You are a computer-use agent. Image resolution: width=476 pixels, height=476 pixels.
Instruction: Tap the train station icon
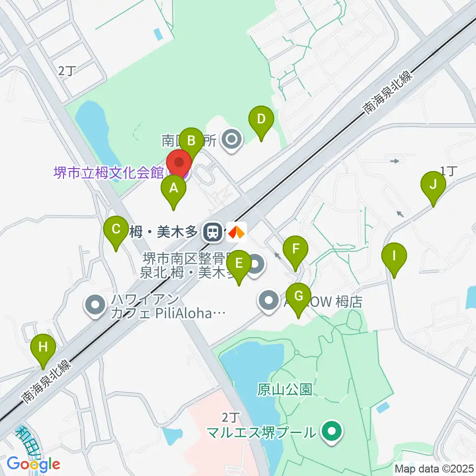click(x=214, y=232)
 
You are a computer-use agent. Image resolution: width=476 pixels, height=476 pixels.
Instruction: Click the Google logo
click(x=33, y=464)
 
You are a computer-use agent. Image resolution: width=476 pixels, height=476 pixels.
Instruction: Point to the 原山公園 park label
click(x=285, y=390)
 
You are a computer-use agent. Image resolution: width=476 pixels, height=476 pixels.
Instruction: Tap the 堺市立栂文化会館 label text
click(x=109, y=173)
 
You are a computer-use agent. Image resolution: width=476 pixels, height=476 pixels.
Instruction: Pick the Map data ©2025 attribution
click(x=434, y=468)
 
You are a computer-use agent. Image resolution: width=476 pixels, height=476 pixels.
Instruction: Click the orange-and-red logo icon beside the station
click(x=237, y=232)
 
